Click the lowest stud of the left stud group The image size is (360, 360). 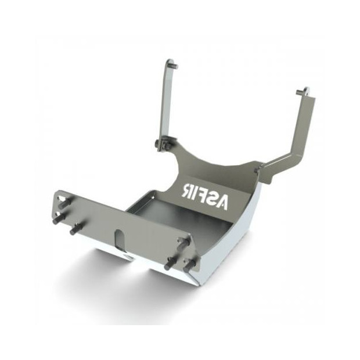click(x=75, y=230)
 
